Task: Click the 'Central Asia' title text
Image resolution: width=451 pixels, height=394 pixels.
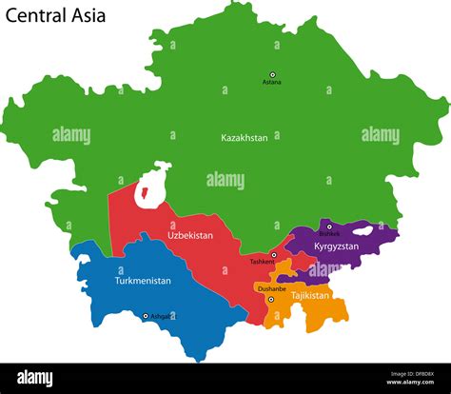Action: click(56, 16)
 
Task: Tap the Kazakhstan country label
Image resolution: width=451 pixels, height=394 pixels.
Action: click(245, 138)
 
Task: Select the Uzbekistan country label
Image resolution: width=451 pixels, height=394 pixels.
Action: click(190, 235)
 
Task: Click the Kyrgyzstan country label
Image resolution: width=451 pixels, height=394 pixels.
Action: click(336, 246)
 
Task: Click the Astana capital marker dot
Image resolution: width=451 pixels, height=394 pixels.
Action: click(272, 74)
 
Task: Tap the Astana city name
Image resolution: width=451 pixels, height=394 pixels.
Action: click(272, 83)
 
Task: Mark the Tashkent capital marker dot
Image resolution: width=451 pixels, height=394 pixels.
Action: click(274, 255)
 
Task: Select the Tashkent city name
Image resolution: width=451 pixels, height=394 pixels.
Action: click(261, 262)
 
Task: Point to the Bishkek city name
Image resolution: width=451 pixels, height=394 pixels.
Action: click(329, 234)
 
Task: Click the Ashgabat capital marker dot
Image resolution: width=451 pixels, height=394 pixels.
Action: click(146, 316)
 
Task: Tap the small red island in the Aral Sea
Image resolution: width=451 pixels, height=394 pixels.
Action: click(145, 194)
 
